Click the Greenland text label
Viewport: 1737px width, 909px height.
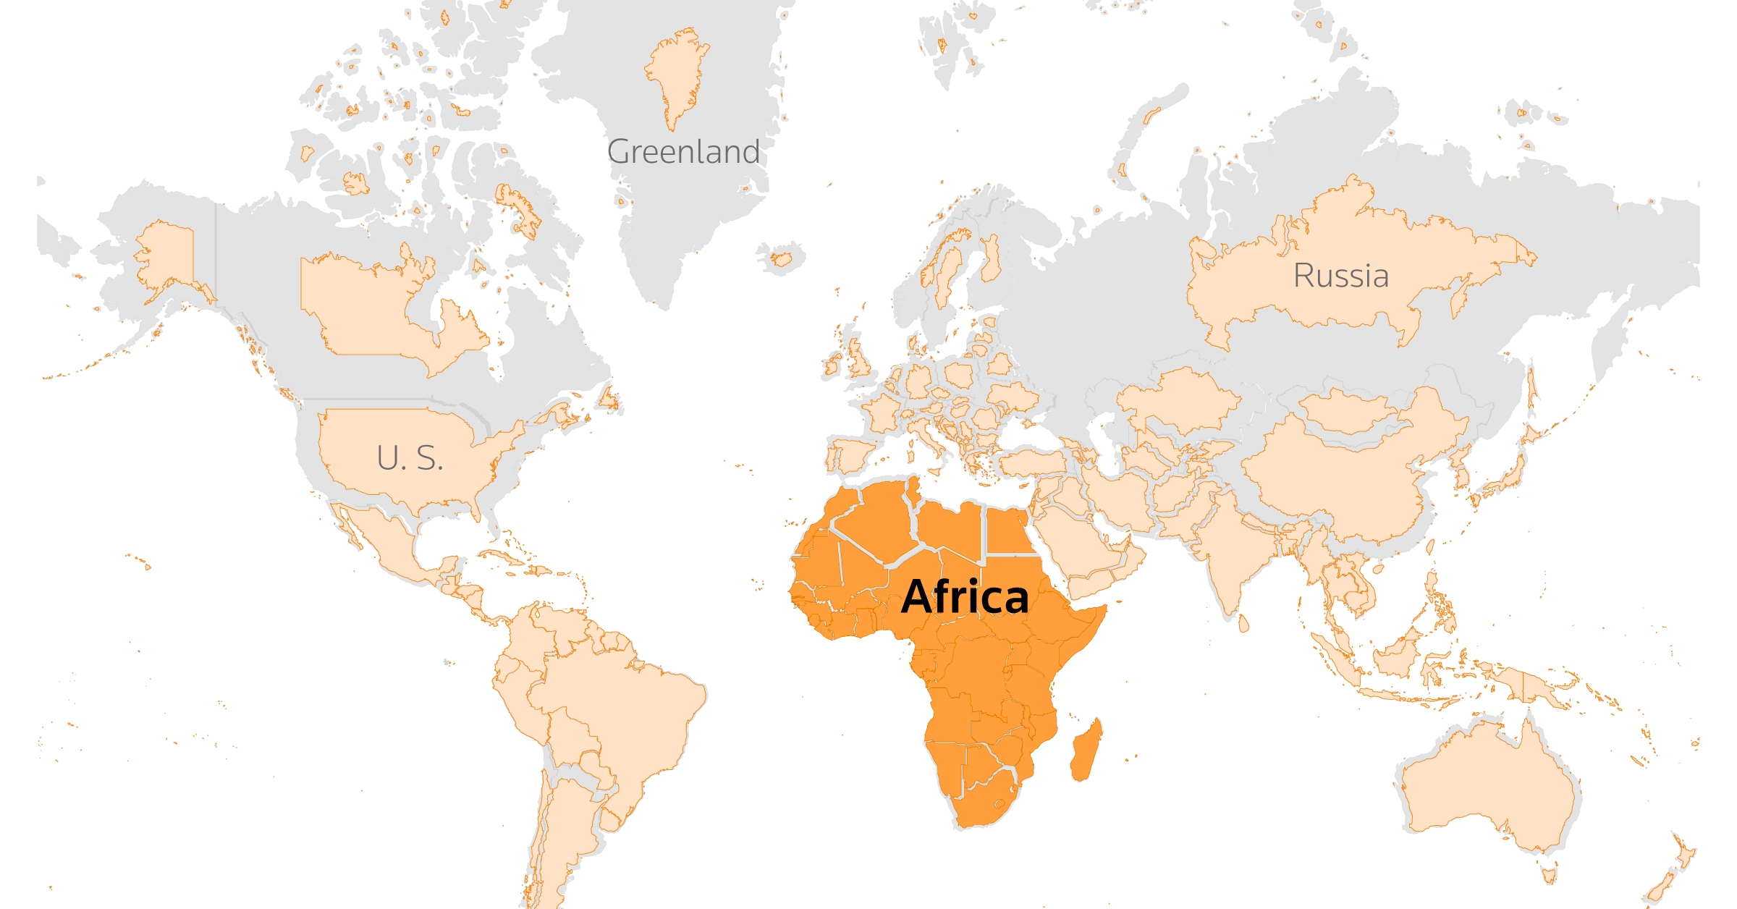(x=683, y=152)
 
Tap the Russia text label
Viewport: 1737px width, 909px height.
(x=1340, y=276)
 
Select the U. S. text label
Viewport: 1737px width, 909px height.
(x=409, y=458)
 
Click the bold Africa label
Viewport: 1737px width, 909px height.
(x=965, y=597)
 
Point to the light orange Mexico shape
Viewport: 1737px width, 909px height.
(x=384, y=536)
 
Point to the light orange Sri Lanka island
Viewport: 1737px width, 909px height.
(x=1243, y=622)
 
